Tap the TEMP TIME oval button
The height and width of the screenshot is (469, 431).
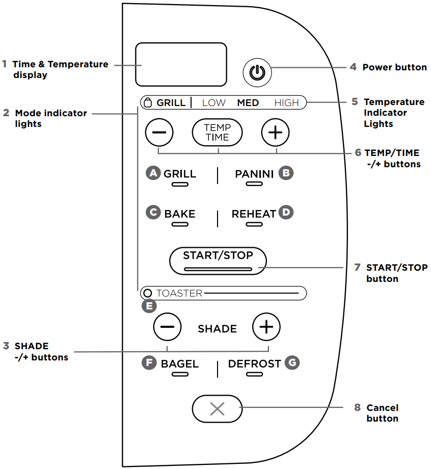coord(218,133)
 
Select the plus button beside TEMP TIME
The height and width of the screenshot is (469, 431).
coord(275,133)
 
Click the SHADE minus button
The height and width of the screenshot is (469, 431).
coord(167,327)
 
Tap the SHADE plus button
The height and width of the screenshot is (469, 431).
coord(266,327)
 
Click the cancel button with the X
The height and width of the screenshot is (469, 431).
coord(217,409)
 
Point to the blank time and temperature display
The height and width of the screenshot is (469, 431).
coord(181,64)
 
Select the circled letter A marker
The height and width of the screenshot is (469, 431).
coord(152,173)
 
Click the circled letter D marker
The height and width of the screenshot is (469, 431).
coord(286,213)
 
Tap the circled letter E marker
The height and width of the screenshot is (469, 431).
coord(149,306)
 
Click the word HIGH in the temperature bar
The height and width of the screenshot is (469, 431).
coord(286,102)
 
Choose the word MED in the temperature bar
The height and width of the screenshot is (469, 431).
coord(248,102)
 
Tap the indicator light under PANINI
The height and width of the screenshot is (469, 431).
coord(254,184)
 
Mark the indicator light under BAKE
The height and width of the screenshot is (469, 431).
coord(179,223)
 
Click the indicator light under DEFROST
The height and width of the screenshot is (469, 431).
coord(254,374)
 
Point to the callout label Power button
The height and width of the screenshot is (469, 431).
coord(394,67)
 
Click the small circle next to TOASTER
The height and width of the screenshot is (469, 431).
coord(148,293)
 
